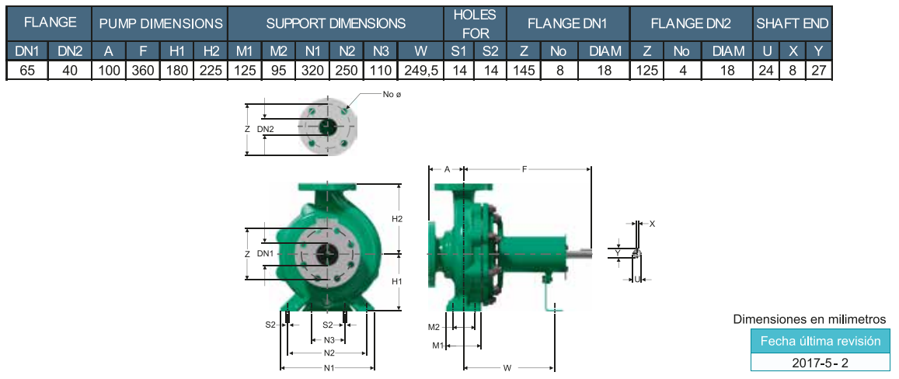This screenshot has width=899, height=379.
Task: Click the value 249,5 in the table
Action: tap(420, 71)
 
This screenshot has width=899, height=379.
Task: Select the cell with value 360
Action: tap(143, 71)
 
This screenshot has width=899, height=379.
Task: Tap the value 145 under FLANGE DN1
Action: tap(524, 71)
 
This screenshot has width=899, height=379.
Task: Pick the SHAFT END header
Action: tap(793, 23)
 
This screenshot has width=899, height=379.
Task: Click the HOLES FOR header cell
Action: tap(476, 23)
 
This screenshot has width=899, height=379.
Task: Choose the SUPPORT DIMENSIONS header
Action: tap(336, 23)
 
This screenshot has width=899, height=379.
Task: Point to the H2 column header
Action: tap(211, 51)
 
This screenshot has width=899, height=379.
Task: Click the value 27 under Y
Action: tap(819, 71)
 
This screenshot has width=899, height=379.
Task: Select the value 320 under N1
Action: tap(312, 71)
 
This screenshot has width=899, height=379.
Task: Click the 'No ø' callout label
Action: tap(392, 93)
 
